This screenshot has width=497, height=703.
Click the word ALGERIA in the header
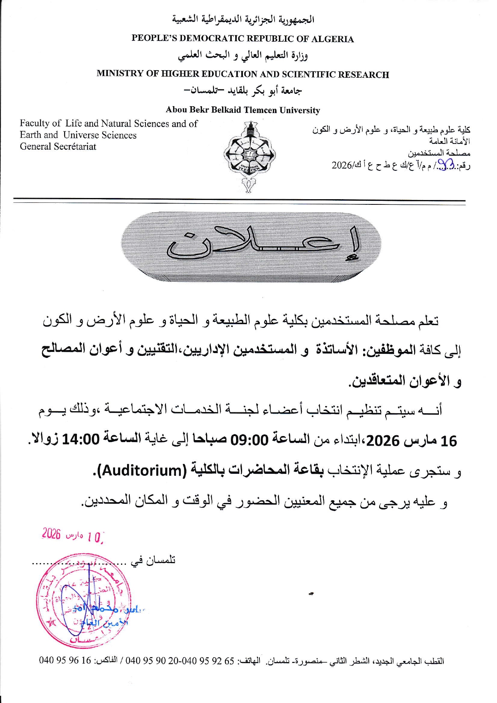(332, 39)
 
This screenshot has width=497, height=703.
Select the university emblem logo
(250, 157)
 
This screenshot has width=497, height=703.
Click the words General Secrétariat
(58, 147)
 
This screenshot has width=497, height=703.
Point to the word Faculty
(34, 123)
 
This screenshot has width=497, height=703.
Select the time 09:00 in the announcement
(252, 440)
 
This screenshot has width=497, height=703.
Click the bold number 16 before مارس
(449, 441)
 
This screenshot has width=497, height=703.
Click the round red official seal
(83, 600)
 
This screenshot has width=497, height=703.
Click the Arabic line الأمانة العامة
(449, 141)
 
